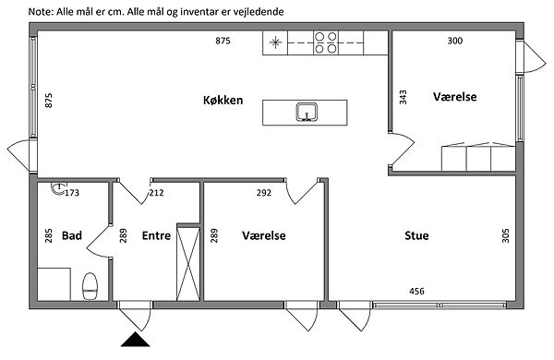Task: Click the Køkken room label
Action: (x=223, y=100)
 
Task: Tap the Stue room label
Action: (x=416, y=235)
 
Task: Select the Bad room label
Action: (x=72, y=235)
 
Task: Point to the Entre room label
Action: (x=156, y=235)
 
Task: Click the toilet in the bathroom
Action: (x=90, y=286)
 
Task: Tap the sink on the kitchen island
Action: (x=307, y=112)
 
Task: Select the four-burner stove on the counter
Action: (x=326, y=42)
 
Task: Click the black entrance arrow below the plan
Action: (x=136, y=340)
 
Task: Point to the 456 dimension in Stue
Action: (x=416, y=291)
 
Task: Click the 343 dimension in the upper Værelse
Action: (x=403, y=97)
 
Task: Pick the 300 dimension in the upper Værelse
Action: (x=454, y=41)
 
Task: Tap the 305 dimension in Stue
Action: (x=506, y=235)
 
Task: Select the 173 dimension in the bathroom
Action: (x=72, y=193)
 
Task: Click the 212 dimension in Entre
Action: (x=156, y=193)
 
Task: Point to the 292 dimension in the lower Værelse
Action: (x=264, y=193)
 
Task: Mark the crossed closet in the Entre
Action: (x=188, y=262)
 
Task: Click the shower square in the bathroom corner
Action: (x=54, y=284)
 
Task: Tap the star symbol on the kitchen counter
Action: (x=275, y=42)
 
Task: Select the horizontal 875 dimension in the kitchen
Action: (x=223, y=41)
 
